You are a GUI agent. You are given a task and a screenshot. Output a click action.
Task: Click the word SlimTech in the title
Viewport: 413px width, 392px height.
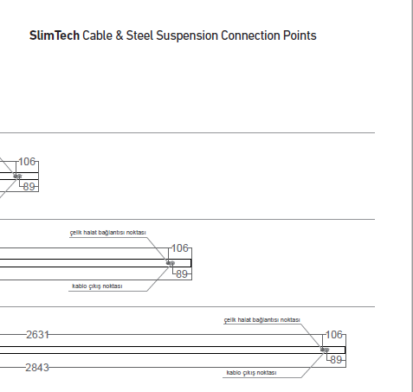pos(55,35)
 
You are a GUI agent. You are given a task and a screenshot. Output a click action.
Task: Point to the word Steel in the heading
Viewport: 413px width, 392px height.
pos(139,35)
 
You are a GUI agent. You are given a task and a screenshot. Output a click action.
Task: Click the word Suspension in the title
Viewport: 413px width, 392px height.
pos(187,36)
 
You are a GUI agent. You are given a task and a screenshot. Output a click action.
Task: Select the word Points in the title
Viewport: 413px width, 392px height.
pos(300,35)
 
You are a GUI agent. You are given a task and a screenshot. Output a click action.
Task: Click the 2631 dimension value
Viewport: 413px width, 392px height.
pos(37,335)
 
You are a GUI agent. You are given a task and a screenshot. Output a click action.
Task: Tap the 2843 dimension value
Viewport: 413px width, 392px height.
pos(37,368)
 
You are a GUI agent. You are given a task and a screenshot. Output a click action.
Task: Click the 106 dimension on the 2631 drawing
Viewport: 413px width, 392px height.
pos(334,335)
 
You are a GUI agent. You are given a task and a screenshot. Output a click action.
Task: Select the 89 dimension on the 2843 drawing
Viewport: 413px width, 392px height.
pos(336,360)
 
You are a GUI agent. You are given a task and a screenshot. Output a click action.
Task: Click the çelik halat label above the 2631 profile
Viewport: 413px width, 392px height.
pos(262,320)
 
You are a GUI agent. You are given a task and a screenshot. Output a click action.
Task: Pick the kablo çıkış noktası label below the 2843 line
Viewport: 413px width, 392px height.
pos(251,373)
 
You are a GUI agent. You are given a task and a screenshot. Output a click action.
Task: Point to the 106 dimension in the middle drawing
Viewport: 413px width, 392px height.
pos(180,248)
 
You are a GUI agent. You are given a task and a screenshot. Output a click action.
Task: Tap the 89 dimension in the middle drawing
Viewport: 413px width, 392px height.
pos(182,274)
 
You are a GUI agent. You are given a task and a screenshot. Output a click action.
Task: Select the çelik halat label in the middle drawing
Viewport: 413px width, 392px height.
pos(108,233)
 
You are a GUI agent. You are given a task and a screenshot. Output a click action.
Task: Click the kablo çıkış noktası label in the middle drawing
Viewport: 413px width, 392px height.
pos(97,286)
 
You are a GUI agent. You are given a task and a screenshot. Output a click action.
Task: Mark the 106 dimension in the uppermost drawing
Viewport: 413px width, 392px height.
pos(27,162)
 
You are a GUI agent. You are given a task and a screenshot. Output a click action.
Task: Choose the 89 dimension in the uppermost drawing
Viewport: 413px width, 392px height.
pos(29,187)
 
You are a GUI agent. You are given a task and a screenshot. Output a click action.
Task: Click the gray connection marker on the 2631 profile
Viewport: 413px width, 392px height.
pos(325,350)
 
